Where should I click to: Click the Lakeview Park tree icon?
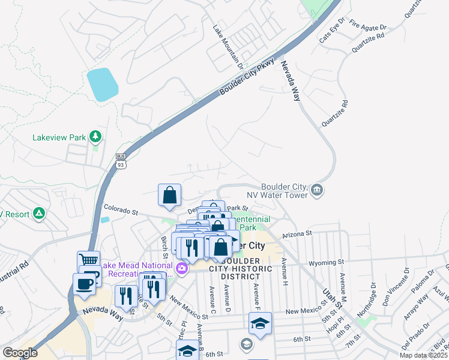point(95,137)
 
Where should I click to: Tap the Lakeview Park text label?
point(59,137)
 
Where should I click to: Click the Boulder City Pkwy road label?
point(247,77)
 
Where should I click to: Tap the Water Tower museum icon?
point(317,191)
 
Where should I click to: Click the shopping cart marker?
point(88,260)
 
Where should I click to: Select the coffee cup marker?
point(84,283)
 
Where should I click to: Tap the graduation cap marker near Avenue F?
point(260,323)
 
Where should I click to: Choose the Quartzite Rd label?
point(334,113)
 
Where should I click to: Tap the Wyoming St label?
point(326,262)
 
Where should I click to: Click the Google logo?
point(20,353)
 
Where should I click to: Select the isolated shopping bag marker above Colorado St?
point(170,195)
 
